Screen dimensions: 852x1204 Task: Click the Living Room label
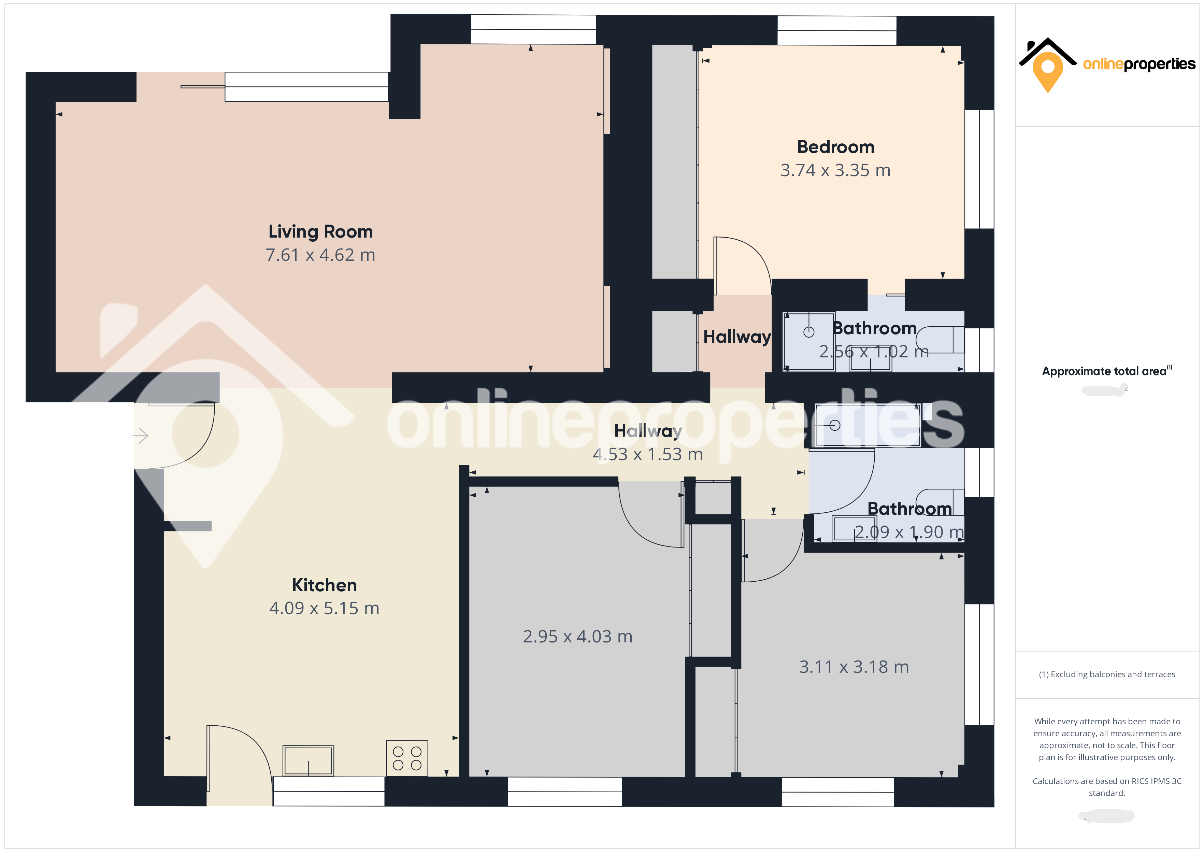coord(320,231)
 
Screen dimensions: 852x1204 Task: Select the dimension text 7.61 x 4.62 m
coord(320,255)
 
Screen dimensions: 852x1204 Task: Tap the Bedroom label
coord(835,147)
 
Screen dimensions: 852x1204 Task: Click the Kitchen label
coord(324,585)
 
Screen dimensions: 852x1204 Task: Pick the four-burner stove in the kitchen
coord(407,758)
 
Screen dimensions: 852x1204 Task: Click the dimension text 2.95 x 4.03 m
coord(577,636)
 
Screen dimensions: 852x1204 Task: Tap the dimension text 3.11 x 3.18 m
coord(854,667)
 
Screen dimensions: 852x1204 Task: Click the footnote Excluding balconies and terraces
coord(1106,674)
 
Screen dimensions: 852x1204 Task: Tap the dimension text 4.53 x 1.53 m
coord(648,454)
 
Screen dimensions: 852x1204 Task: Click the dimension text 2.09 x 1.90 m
coord(909,532)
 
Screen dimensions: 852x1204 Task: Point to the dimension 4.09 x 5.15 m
coord(324,608)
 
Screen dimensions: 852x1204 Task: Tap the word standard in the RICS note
coord(1106,793)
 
